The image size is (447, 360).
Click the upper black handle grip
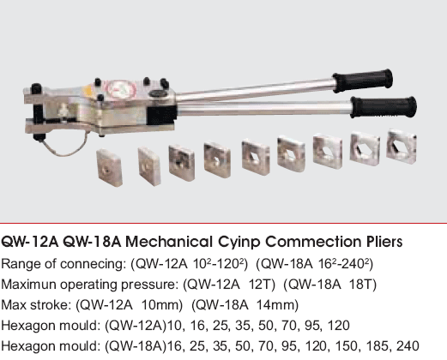pyautogui.click(x=362, y=81)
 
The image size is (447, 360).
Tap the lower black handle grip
pyautogui.click(x=384, y=107)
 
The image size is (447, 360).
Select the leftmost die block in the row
pyautogui.click(x=110, y=168)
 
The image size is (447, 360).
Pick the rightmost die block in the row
pyautogui.click(x=402, y=147)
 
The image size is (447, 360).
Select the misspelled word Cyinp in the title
pyautogui.click(x=239, y=243)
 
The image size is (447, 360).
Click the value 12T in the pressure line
pyautogui.click(x=262, y=285)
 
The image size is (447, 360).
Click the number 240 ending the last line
pyautogui.click(x=408, y=346)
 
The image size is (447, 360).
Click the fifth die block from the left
pyautogui.click(x=256, y=157)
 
